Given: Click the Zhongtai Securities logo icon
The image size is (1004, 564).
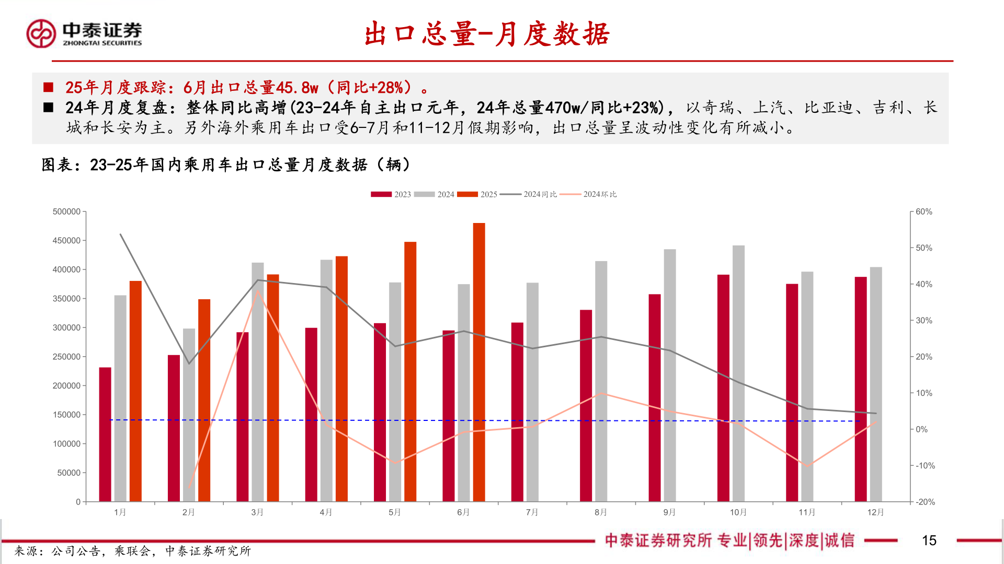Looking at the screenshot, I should click(41, 33).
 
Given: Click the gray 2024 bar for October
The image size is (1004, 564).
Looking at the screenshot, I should click(738, 373).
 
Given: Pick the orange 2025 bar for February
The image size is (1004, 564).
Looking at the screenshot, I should click(204, 400).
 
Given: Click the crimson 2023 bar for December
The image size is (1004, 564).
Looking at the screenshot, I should click(861, 389).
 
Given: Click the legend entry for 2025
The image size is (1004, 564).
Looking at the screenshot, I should click(477, 194).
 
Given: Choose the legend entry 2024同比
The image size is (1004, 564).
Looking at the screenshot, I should click(529, 194).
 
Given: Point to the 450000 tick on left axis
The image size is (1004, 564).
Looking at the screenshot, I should click(66, 241).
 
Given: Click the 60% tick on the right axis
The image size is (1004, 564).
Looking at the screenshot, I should click(923, 211).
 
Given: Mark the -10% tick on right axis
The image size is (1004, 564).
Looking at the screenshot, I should click(925, 465).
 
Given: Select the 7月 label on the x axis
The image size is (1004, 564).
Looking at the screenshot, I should click(532, 512).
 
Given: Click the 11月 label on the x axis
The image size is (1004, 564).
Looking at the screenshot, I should click(807, 512).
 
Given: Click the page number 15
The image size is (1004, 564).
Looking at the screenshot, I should click(929, 540).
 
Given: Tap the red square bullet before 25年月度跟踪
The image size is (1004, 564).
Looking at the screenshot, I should click(48, 87).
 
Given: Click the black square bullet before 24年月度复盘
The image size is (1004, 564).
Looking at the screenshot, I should click(48, 108).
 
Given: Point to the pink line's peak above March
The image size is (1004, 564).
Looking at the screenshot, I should click(257, 290).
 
